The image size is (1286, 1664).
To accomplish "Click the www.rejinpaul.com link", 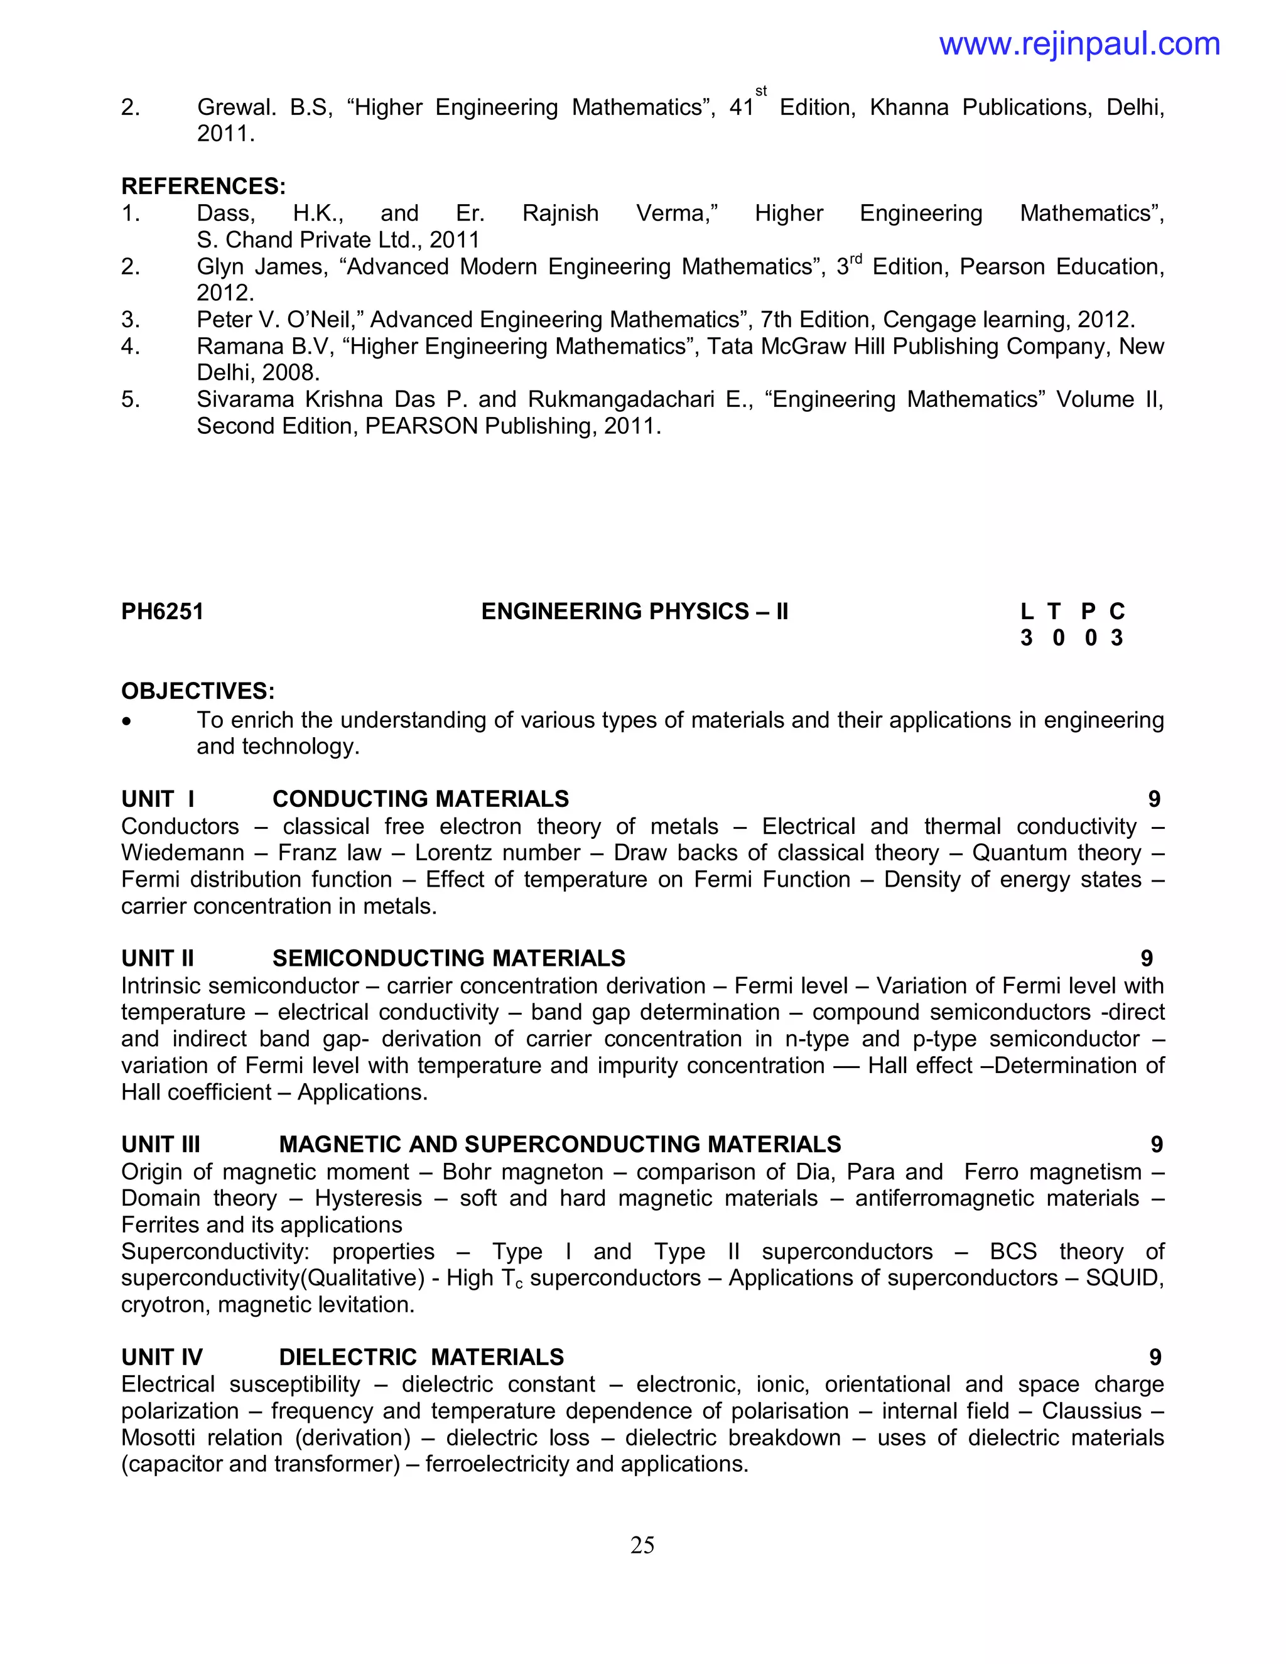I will pos(1079,44).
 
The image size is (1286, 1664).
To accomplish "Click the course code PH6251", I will pos(162,612).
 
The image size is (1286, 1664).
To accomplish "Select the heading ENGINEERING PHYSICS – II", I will pos(635,612).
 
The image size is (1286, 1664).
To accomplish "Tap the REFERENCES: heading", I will pos(203,186).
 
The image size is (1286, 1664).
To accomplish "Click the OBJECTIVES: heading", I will pos(198,692).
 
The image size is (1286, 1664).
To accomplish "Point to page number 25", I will pos(642,1545).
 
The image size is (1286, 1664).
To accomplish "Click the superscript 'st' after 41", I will pos(760,92).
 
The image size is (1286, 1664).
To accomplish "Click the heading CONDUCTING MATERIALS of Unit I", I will pos(421,799).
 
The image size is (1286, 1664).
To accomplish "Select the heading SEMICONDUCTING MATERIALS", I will pos(449,958).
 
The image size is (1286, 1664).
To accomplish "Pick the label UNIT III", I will pos(161,1144).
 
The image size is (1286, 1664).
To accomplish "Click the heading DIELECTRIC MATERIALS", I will pos(421,1358).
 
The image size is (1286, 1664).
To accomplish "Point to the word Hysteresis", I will pos(368,1199).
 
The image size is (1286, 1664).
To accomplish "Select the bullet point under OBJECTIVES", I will pos(127,721).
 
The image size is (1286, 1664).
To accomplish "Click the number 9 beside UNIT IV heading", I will pos(1155,1358).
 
